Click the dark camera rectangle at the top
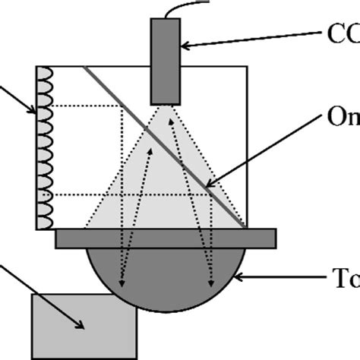tap(166, 60)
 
